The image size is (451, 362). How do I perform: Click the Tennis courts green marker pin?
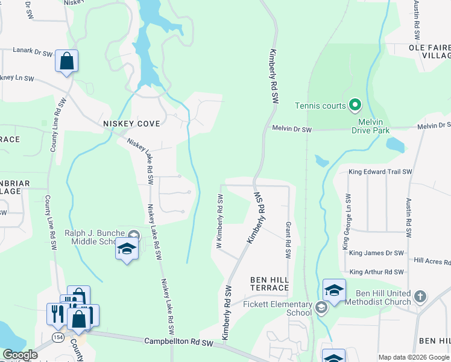(x=355, y=106)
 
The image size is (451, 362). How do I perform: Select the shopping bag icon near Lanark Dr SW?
(x=66, y=62)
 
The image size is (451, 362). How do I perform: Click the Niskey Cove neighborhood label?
(x=131, y=124)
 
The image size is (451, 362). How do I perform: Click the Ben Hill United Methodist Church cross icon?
(x=420, y=297)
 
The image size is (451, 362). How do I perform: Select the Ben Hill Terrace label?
(x=270, y=284)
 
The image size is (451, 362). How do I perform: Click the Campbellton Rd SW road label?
(x=179, y=341)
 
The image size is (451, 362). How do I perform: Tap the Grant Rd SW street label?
(x=288, y=240)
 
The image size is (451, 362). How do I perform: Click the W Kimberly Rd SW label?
(x=219, y=221)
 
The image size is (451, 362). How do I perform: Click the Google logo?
(x=20, y=355)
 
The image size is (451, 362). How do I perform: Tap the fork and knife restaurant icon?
(x=55, y=313)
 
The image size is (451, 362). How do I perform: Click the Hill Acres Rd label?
(x=432, y=261)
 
